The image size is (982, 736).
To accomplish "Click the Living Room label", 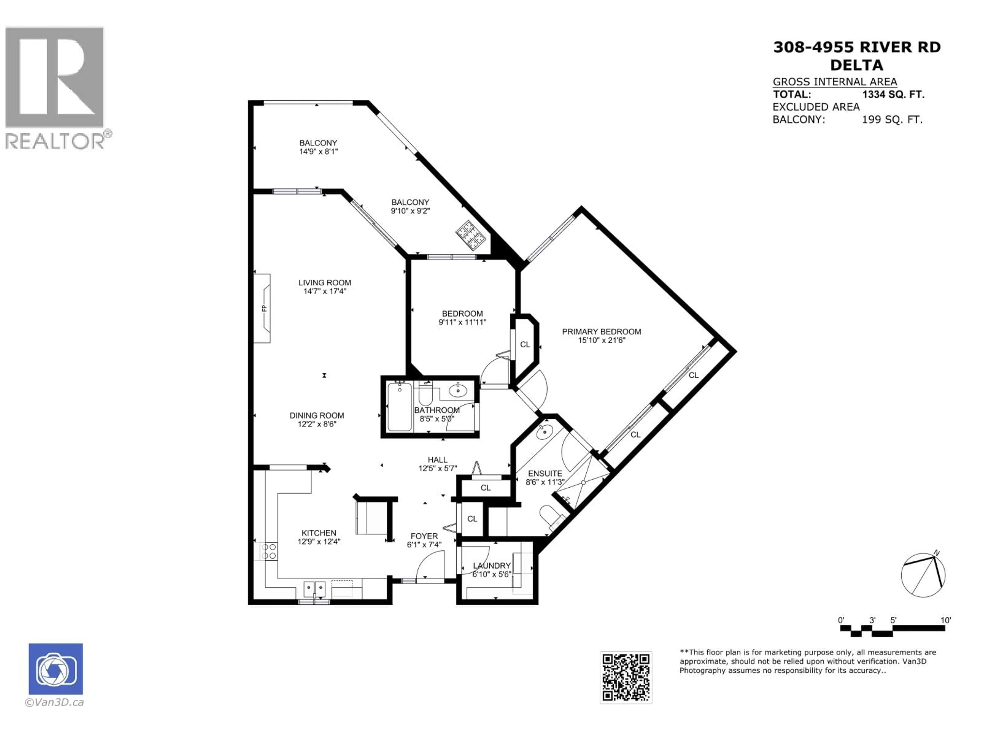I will (325, 283).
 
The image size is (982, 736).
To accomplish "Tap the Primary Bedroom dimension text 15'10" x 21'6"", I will (601, 340).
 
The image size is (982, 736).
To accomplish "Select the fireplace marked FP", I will (263, 308).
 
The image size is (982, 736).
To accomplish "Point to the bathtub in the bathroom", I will (399, 406).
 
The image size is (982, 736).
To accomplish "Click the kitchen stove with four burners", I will (269, 551).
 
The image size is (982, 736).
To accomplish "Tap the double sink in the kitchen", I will (315, 590).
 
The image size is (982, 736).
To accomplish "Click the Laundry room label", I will (492, 566).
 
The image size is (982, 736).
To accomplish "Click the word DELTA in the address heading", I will (856, 65).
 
